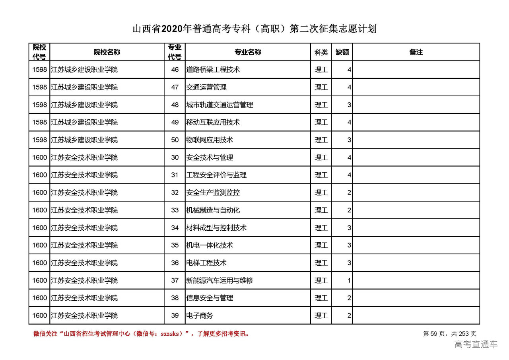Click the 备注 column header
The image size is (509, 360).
[x=416, y=52]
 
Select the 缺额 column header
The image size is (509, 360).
[x=342, y=52]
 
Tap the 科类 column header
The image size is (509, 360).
[x=321, y=52]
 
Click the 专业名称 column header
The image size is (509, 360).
[x=248, y=52]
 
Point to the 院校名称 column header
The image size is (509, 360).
[x=107, y=52]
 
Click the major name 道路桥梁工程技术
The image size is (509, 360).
[x=213, y=70]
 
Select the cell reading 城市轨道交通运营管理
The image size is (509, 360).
[x=220, y=105]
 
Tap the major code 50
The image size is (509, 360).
[x=175, y=140]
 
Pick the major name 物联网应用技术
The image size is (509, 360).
[x=210, y=140]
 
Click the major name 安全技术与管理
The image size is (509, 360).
[x=210, y=158]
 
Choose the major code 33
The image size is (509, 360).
[x=175, y=210]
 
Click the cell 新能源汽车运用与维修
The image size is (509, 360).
[x=220, y=280]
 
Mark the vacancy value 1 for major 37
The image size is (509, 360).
[x=349, y=280]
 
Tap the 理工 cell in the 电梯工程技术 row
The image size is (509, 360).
[x=321, y=263]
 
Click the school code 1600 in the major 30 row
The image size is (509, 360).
[x=40, y=158]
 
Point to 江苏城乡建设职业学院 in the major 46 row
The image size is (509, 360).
[x=84, y=70]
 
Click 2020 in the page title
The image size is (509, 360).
[x=172, y=29]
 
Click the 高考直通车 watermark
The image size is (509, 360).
[x=476, y=344]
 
